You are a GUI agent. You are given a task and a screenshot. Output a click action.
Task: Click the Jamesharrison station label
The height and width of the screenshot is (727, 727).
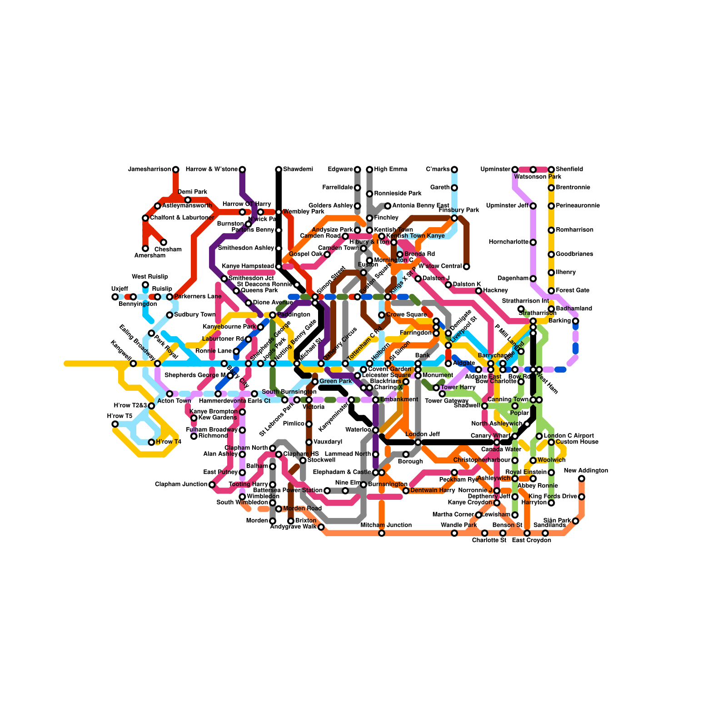149,169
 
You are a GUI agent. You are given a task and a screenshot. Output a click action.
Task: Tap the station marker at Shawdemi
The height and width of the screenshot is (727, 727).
279,169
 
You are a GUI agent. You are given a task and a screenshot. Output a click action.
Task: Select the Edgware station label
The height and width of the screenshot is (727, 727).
340,169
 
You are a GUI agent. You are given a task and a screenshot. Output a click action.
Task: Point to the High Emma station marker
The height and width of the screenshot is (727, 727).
369,169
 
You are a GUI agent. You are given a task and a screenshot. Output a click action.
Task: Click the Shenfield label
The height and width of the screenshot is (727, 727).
569,169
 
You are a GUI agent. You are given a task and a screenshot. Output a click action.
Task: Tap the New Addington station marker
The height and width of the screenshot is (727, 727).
582,478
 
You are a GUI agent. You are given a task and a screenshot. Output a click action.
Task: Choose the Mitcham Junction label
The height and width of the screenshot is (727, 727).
386,525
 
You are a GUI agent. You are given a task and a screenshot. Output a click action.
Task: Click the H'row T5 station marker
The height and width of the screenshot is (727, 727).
115,424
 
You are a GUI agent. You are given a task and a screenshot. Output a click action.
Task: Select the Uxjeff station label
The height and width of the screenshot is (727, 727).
120,289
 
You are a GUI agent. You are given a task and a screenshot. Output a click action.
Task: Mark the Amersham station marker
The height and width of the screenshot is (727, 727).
145,249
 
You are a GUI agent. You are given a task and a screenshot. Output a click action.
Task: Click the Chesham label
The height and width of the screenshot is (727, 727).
168,249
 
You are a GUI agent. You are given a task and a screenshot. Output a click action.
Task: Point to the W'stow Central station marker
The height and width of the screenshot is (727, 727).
466,266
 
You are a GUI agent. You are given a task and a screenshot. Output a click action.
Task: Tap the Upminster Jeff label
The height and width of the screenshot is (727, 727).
507,206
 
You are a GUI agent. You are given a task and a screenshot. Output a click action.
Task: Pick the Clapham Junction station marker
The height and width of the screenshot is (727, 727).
212,485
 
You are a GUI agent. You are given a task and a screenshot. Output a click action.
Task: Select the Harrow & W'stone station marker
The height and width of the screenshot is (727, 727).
242,169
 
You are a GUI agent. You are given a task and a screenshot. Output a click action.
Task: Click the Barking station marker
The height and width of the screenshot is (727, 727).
575,321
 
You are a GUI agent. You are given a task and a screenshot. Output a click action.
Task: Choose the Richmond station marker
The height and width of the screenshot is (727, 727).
194,436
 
